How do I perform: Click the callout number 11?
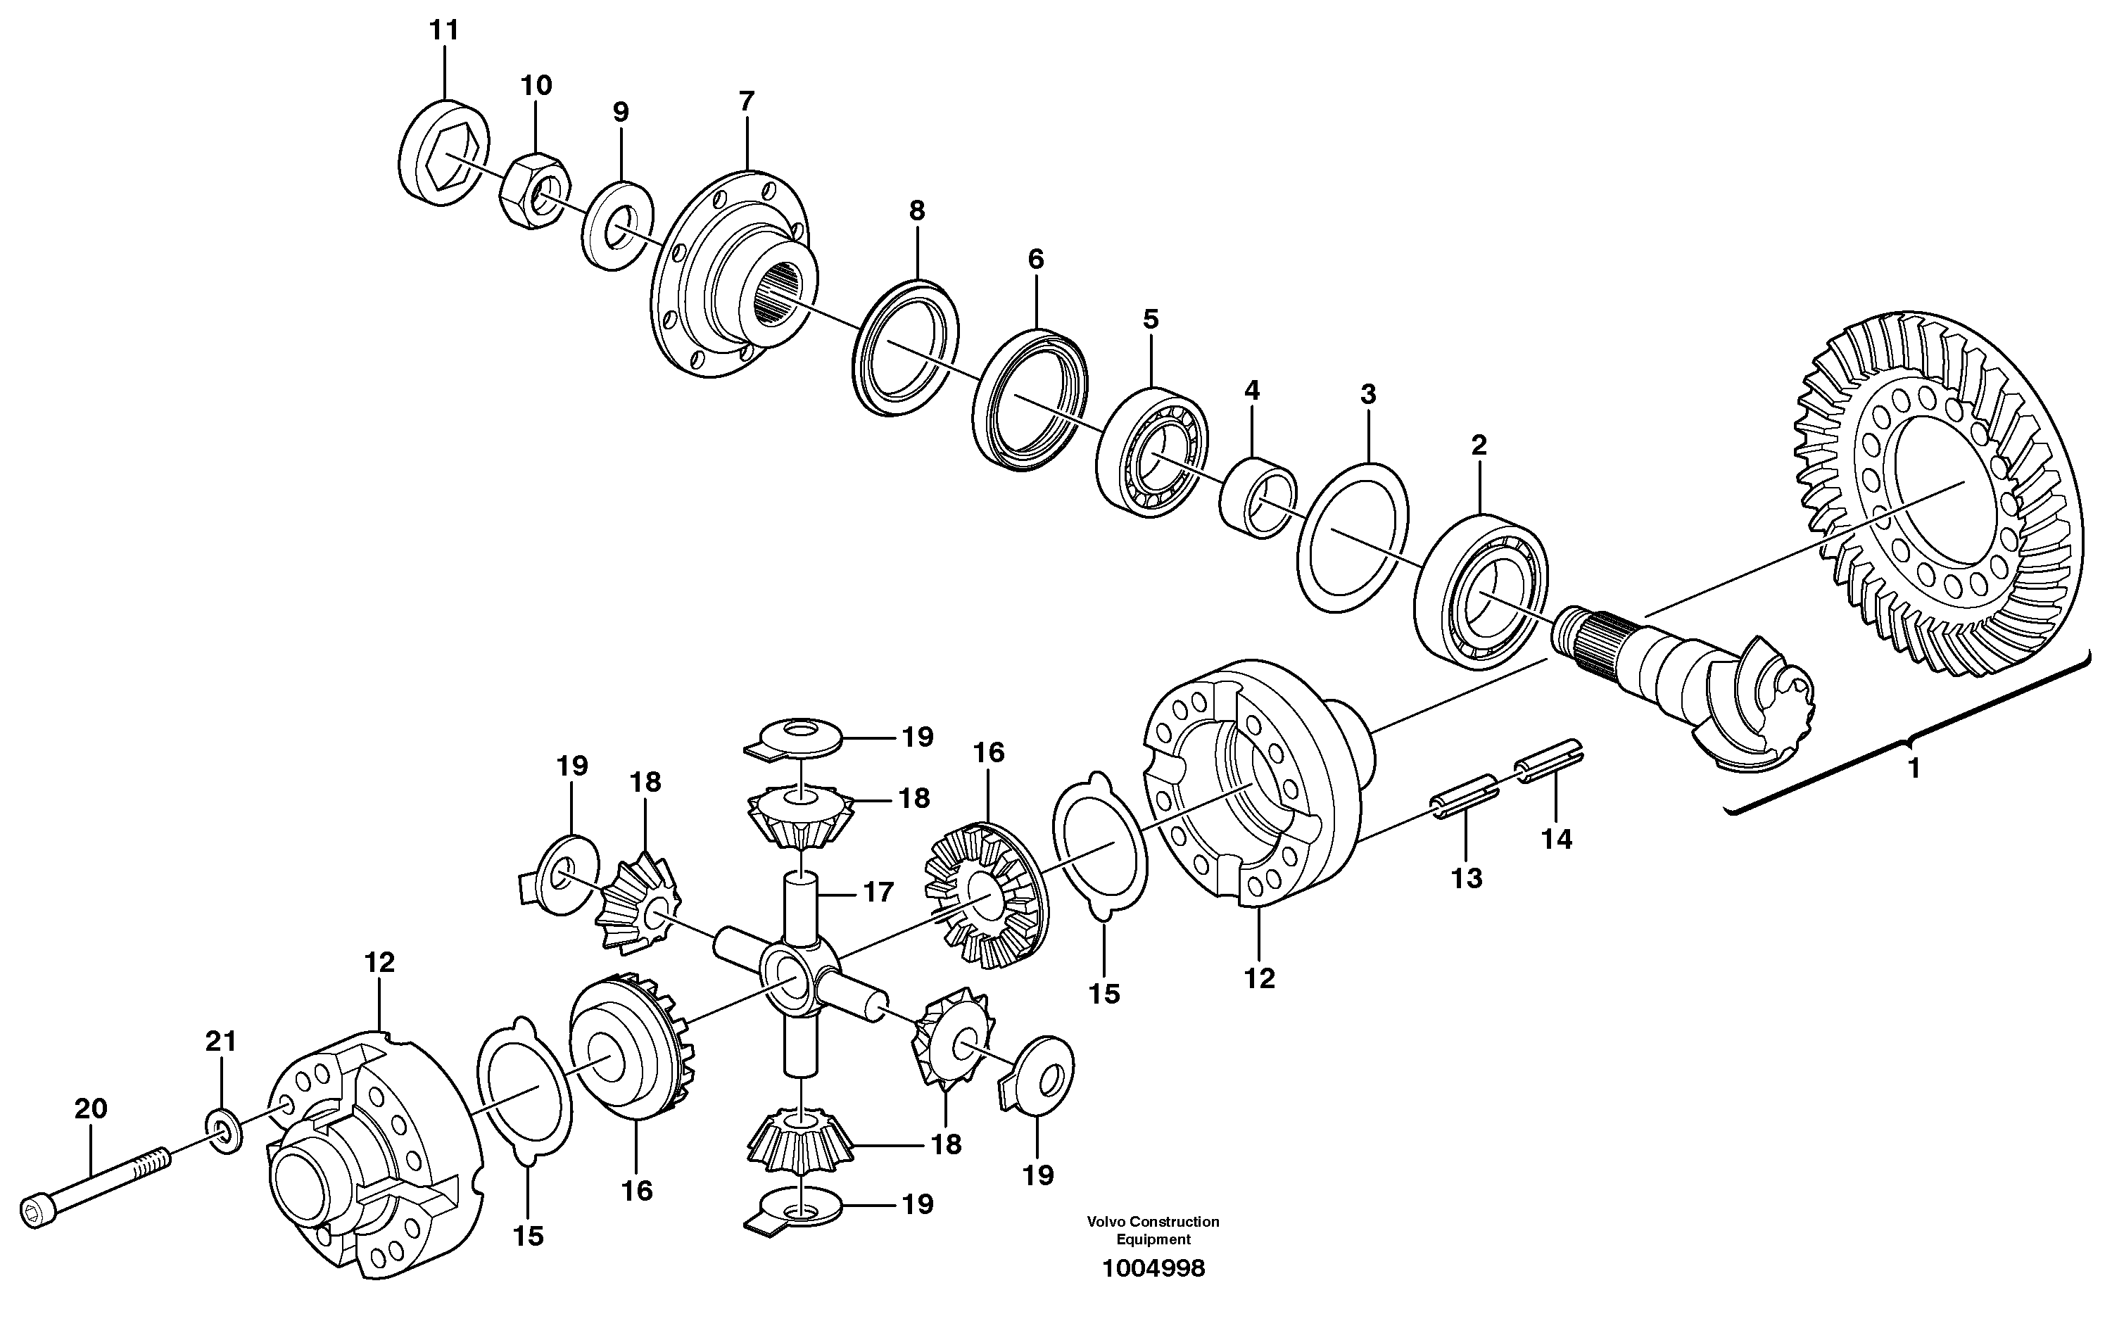pos(444,31)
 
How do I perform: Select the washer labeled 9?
pos(617,225)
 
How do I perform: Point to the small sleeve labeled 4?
pos(1258,498)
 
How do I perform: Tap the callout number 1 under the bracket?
pos(1914,769)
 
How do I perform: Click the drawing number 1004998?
pos(1153,1269)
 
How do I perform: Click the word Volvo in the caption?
pos(1106,1222)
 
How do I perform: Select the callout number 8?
pos(916,210)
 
